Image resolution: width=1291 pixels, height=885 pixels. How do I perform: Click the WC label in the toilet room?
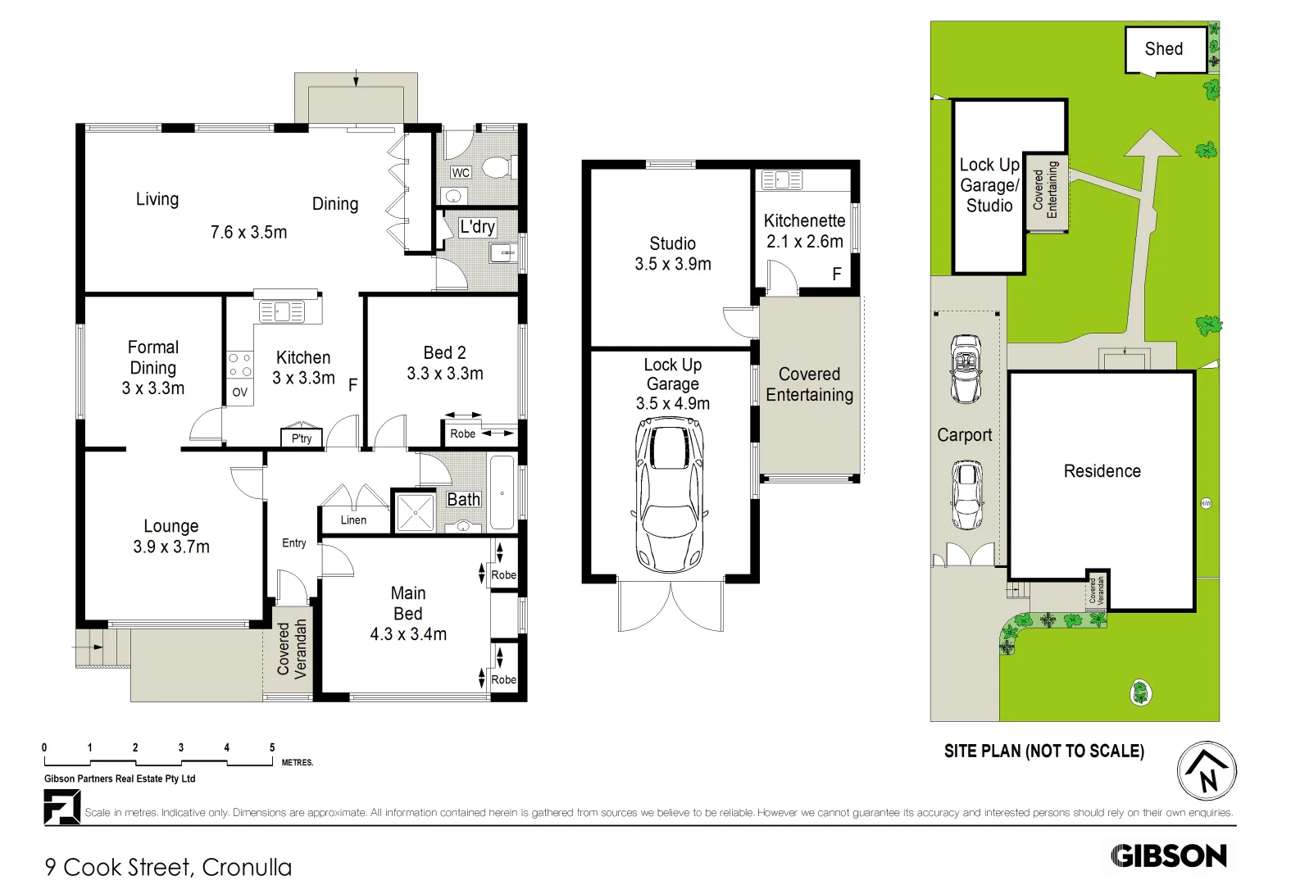(461, 173)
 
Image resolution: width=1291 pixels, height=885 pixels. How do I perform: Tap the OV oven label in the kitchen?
(239, 393)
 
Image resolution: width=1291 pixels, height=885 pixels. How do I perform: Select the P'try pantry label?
(302, 438)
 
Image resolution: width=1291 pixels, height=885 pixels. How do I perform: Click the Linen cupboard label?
(353, 520)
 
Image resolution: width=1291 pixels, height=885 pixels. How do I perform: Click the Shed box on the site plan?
(1164, 49)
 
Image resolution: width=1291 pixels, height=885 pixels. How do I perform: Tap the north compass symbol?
(1207, 771)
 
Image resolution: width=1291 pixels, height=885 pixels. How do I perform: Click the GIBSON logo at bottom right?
(1169, 856)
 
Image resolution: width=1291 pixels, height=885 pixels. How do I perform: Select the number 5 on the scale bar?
(272, 747)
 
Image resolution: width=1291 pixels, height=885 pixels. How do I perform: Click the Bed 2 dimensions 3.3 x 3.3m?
(445, 374)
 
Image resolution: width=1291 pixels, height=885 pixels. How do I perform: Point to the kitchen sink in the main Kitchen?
(281, 311)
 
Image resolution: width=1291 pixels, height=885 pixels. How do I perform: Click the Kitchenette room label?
(804, 221)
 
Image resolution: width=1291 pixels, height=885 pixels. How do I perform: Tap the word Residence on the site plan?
(1102, 471)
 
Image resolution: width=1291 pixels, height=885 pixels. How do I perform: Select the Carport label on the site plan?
(964, 435)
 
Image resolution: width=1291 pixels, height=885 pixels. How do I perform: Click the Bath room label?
(463, 499)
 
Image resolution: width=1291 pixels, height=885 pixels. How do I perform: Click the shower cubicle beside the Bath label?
(416, 512)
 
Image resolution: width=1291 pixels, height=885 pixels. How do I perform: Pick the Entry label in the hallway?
(293, 542)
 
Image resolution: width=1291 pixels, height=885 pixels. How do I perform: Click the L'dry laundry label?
(476, 227)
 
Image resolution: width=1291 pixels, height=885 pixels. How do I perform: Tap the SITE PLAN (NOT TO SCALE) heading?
(1043, 751)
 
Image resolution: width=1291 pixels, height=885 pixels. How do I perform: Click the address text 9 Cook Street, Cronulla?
(168, 867)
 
